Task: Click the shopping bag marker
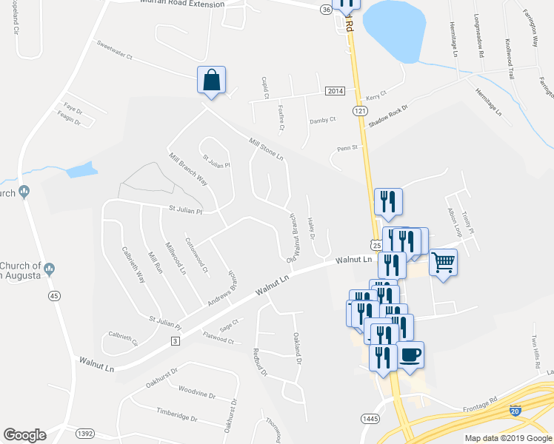(212, 80)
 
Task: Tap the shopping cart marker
(443, 262)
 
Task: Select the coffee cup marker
(410, 354)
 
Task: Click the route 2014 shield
(336, 90)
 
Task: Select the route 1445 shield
(371, 418)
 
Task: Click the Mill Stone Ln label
(267, 147)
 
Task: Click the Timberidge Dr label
(177, 414)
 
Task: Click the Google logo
(24, 435)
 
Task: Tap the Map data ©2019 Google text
(508, 438)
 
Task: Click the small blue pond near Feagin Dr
(81, 169)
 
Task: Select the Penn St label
(348, 147)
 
